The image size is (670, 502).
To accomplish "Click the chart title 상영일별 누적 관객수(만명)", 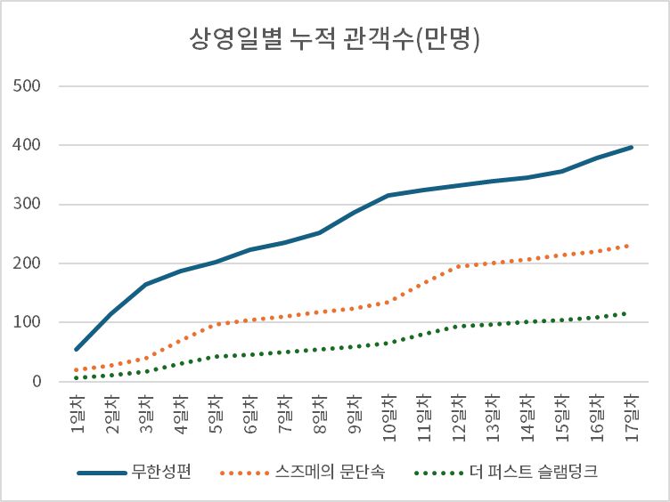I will (334, 39).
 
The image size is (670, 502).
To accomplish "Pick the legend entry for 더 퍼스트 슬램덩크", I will (532, 472).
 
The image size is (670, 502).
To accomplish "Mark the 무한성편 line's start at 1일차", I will (77, 349).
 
